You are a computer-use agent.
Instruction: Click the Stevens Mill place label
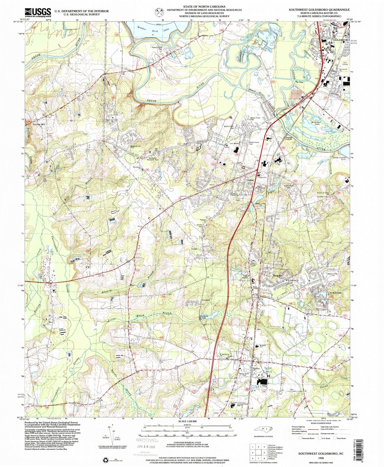point(38,124)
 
